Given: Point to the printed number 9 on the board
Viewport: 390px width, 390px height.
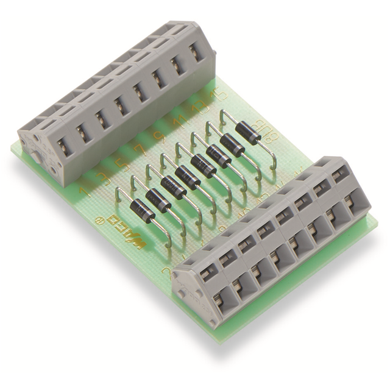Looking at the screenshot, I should [x=160, y=136].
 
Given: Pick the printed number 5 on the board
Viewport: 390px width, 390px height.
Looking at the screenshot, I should [x=121, y=163].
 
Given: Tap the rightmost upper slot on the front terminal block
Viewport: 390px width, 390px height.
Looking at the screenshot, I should [x=339, y=173].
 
